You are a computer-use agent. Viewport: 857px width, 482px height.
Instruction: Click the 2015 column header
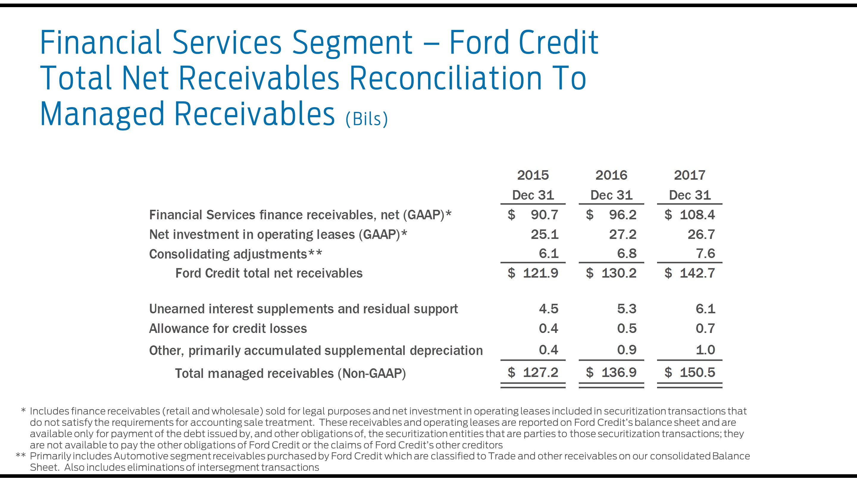[533, 175]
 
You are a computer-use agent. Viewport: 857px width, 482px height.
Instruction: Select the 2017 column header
[689, 175]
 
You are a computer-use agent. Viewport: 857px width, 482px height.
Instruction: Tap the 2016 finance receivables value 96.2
[623, 215]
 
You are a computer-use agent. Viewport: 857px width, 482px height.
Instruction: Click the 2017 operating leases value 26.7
[701, 234]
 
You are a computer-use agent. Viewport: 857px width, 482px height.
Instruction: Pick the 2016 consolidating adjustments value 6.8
[626, 254]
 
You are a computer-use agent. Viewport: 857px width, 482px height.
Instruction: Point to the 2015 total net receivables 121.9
[540, 273]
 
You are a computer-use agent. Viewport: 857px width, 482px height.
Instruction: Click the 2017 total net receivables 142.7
[697, 273]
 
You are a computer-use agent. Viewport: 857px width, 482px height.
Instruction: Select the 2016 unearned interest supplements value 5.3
[626, 309]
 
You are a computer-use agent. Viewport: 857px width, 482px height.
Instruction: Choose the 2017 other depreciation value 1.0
[705, 350]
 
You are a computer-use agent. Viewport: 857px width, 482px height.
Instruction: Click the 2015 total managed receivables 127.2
[540, 373]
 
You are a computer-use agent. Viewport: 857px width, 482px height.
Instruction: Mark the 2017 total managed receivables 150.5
[697, 373]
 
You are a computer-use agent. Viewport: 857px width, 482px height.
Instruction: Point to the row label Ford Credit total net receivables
[269, 273]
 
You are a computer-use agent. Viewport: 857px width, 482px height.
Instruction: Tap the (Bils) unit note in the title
[367, 119]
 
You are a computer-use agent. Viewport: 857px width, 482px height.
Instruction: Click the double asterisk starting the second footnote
[21, 456]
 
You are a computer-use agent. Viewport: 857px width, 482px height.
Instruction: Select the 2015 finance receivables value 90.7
[544, 215]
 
